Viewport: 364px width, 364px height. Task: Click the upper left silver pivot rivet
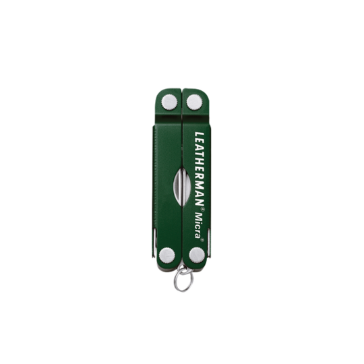pos(169,102)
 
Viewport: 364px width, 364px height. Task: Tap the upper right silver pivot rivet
pos(195,102)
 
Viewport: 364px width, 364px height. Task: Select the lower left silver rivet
pos(167,255)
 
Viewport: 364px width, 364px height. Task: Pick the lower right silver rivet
pos(197,255)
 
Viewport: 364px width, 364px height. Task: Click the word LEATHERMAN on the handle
pos(199,169)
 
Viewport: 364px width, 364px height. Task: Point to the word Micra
pos(198,225)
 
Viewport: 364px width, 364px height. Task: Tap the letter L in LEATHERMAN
pos(199,135)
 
